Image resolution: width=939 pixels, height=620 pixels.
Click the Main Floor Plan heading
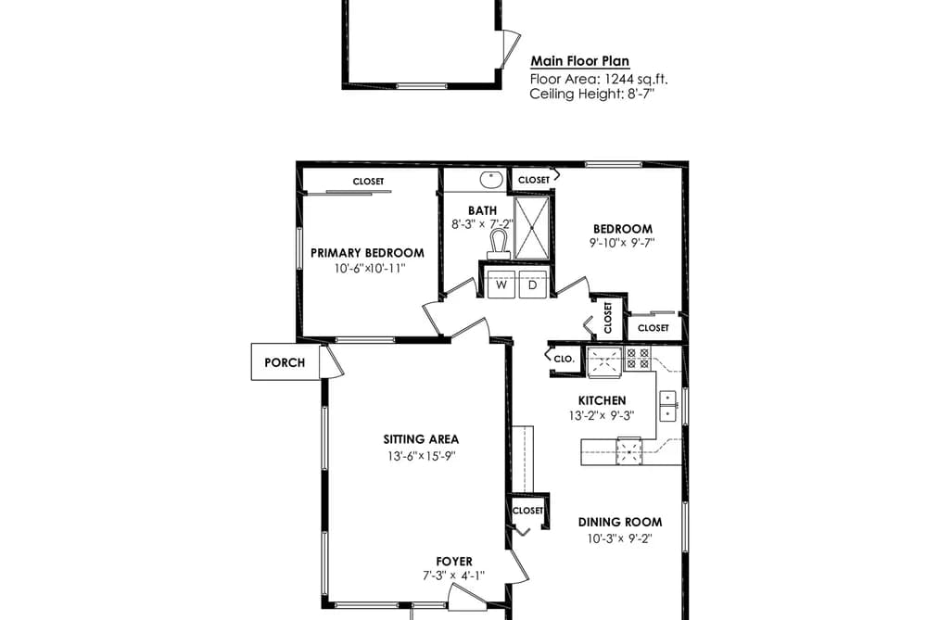tap(580, 61)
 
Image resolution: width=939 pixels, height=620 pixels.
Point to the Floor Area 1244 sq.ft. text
tap(599, 79)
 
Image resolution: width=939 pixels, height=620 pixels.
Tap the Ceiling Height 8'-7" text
tap(591, 94)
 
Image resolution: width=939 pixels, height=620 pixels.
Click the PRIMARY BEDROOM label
tap(367, 253)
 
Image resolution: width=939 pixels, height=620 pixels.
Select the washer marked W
tap(501, 285)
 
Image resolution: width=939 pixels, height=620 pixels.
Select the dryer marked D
tap(532, 285)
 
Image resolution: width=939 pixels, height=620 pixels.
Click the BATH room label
tap(482, 210)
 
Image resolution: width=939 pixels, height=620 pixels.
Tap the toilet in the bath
tap(499, 245)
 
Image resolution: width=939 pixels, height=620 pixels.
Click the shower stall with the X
tap(531, 228)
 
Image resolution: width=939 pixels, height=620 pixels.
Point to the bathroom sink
tap(491, 178)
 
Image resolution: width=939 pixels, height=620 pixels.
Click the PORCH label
tap(285, 362)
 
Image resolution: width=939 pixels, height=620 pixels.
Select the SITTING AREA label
tap(421, 439)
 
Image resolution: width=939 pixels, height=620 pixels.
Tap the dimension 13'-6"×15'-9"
tap(422, 456)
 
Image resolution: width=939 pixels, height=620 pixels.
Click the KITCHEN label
tap(602, 401)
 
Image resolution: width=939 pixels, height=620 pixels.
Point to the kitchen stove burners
tap(638, 358)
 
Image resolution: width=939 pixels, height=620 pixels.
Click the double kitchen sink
tap(667, 406)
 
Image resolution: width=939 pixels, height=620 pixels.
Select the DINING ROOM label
tap(620, 523)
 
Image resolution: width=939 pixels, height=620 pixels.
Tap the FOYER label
tap(454, 562)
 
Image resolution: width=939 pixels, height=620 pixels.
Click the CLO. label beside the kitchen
tap(565, 359)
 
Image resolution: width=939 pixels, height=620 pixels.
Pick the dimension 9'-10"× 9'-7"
tap(622, 243)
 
